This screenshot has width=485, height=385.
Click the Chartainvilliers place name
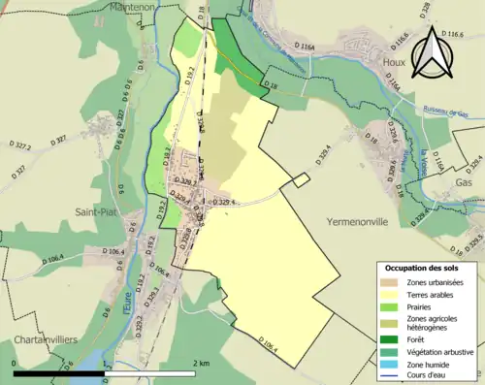coord(40,340)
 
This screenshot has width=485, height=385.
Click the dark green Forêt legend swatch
coord(387,338)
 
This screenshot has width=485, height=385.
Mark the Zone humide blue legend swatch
coord(387,365)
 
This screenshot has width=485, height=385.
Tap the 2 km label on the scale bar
coord(202,363)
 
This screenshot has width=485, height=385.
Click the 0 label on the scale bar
coord(15,363)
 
